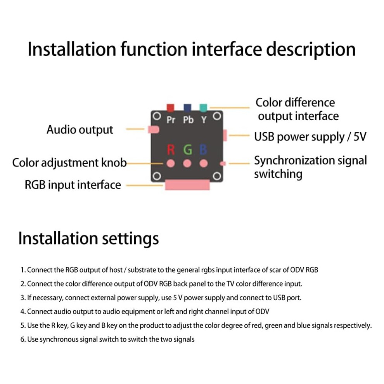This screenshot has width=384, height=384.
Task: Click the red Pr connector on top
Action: coord(170,107)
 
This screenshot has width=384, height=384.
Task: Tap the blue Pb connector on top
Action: coord(187,107)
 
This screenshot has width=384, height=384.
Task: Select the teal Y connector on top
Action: coord(203,107)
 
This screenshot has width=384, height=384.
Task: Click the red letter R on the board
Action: coord(171,149)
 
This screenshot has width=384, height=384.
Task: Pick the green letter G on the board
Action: coord(188,149)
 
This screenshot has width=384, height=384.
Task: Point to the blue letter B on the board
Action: coord(203,149)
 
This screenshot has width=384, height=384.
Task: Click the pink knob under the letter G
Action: coord(187,163)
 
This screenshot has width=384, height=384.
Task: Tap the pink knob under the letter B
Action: coord(204,163)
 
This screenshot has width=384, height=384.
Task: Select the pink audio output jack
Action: coord(154,130)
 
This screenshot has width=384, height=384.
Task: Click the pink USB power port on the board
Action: coord(225,135)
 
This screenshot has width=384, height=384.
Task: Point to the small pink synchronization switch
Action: coord(223,164)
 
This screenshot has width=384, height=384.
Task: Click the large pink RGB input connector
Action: coord(187,185)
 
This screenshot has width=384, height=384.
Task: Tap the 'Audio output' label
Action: coord(80,130)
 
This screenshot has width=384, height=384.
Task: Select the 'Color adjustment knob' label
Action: coord(69,163)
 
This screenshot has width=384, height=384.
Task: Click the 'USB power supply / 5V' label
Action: coord(310,137)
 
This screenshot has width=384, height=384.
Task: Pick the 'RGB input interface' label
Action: coord(73,185)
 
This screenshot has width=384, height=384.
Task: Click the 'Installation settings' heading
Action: coord(89,239)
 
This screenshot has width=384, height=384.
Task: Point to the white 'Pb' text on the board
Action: coord(189,120)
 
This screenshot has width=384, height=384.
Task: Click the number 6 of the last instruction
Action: coord(22,339)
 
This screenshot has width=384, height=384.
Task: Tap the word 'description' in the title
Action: coord(311,50)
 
